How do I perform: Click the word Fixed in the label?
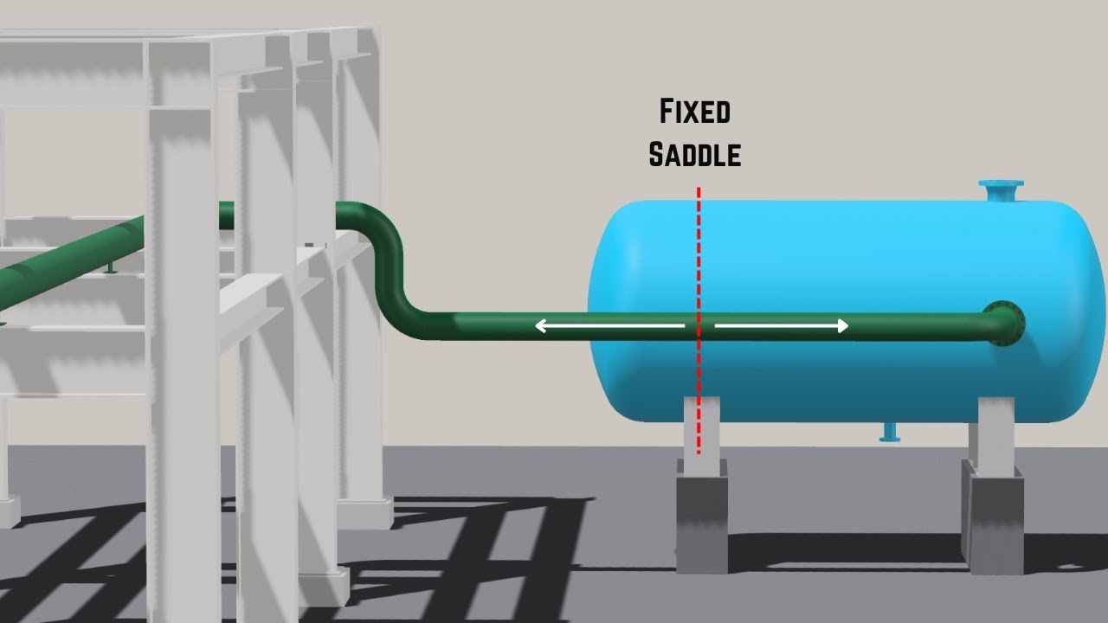pyautogui.click(x=695, y=112)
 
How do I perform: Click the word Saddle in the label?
pyautogui.click(x=695, y=154)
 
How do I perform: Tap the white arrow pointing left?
pyautogui.click(x=610, y=326)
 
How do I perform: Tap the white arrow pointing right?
pyautogui.click(x=782, y=326)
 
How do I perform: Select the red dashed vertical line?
pyautogui.click(x=699, y=320)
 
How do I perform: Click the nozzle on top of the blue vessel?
pyautogui.click(x=1002, y=191)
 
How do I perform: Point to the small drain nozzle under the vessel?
pyautogui.click(x=889, y=432)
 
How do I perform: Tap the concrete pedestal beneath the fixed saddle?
pyautogui.click(x=702, y=517)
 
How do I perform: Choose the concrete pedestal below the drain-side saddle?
pyautogui.click(x=992, y=519)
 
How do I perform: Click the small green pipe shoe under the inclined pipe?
pyautogui.click(x=111, y=267)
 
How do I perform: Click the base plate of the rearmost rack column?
pyautogui.click(x=365, y=514)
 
